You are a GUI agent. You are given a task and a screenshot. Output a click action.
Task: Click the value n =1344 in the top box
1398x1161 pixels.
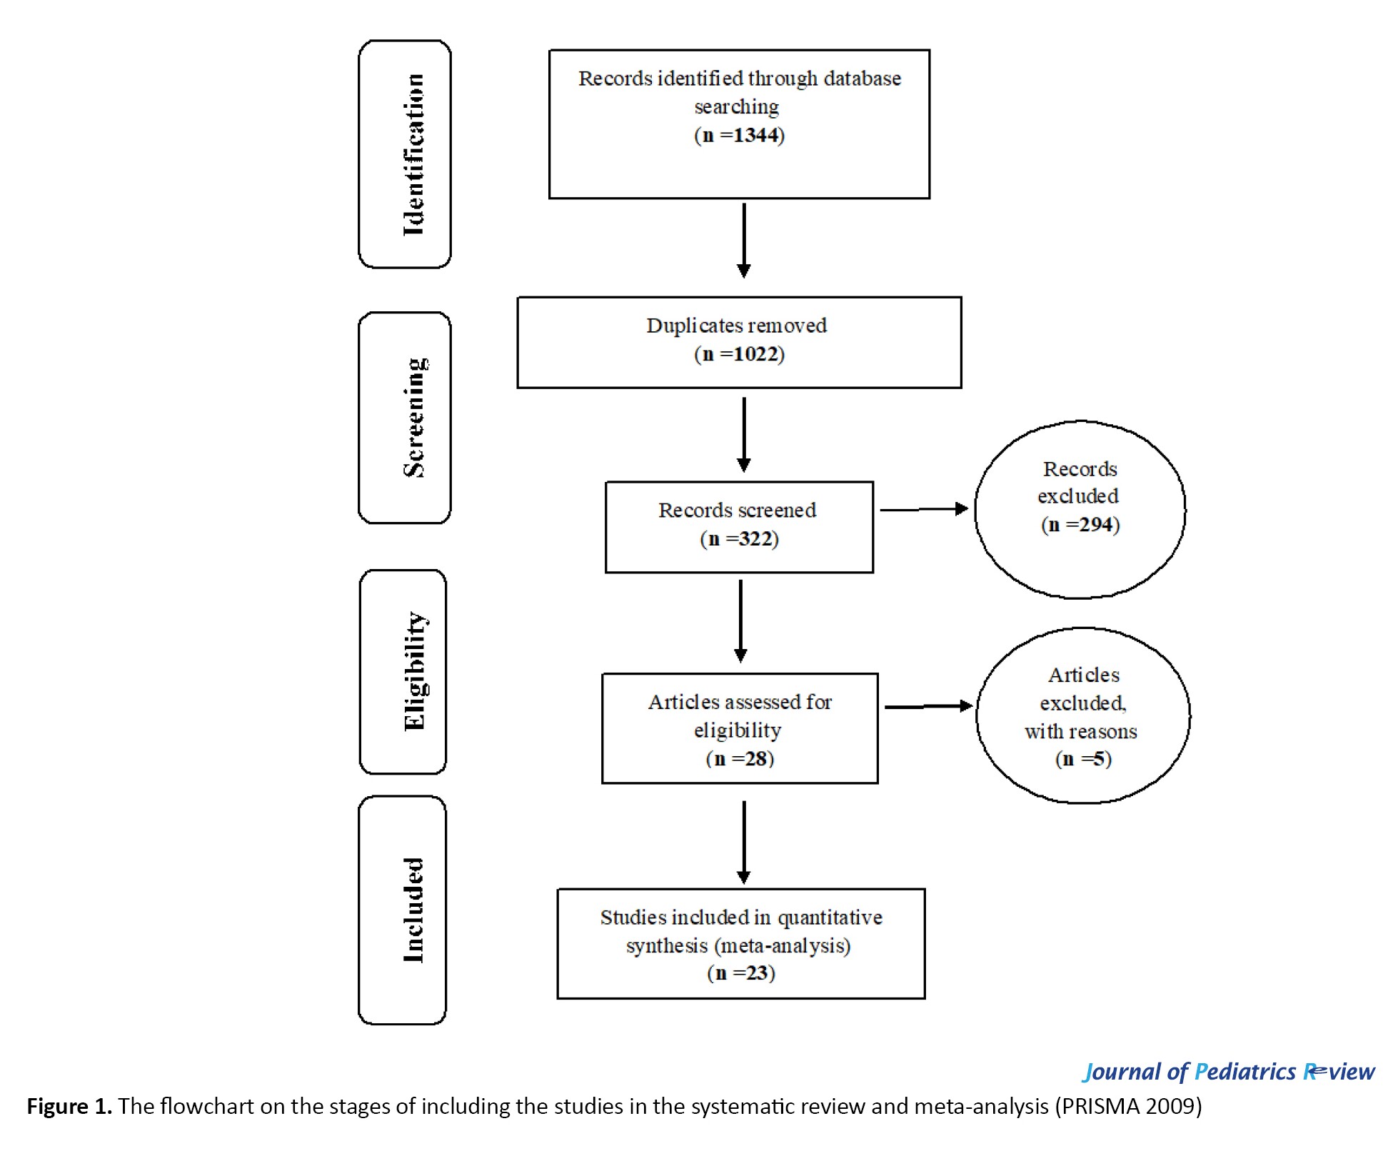tap(739, 135)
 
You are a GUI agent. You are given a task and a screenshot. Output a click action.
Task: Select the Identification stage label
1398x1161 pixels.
tap(413, 154)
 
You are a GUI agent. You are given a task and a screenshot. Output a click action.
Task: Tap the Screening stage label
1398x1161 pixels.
tap(415, 418)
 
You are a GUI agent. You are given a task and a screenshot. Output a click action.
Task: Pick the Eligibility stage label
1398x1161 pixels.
tap(415, 671)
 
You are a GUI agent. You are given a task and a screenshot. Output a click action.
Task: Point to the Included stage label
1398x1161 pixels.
tap(413, 910)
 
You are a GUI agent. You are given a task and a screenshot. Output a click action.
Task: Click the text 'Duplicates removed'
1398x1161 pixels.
tap(737, 326)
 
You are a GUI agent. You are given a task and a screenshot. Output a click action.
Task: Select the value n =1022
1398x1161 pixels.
tap(739, 353)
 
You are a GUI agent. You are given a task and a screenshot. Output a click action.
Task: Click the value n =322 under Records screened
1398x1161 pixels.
tap(739, 538)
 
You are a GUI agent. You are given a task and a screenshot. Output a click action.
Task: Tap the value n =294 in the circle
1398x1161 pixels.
tap(1080, 525)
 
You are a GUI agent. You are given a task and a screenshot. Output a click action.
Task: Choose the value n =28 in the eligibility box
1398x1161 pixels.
tap(740, 758)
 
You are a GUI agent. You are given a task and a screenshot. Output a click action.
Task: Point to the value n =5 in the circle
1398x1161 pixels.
tap(1083, 758)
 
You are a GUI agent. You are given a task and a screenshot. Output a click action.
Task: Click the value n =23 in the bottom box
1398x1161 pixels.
tap(741, 972)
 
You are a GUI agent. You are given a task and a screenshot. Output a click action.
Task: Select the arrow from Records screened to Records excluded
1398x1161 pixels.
tap(924, 509)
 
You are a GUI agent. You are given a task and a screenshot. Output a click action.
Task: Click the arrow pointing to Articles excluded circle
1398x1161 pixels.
tap(929, 706)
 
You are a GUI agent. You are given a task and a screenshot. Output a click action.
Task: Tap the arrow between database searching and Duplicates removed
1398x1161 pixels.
tap(744, 241)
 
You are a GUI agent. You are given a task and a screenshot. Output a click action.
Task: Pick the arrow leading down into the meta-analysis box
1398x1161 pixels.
tap(744, 843)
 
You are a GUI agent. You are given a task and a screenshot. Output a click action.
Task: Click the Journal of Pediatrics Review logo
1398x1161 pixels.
tap(1229, 1072)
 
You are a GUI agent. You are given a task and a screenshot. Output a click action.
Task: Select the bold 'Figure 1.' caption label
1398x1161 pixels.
tap(69, 1106)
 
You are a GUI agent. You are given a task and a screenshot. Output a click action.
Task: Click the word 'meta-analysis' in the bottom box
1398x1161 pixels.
tap(782, 946)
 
